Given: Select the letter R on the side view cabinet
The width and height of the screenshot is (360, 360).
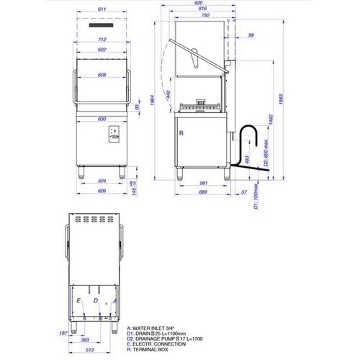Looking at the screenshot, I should click(x=182, y=133).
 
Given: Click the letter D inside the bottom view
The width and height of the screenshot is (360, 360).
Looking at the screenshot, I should click(x=95, y=300).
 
